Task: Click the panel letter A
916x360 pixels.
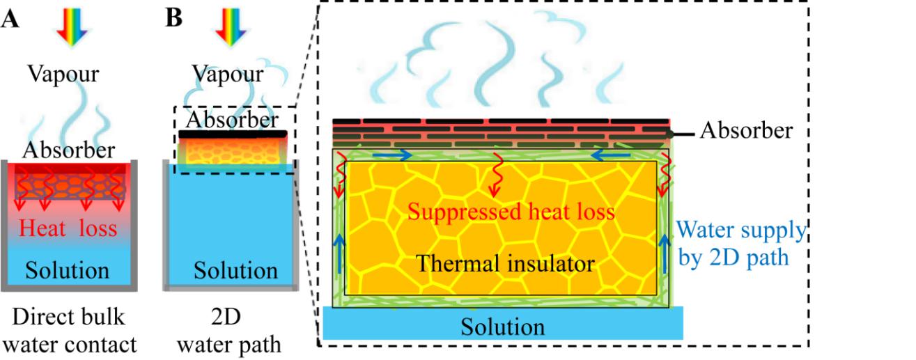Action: click(x=10, y=19)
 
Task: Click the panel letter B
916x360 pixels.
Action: click(x=173, y=18)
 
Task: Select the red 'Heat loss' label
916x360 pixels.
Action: click(x=68, y=228)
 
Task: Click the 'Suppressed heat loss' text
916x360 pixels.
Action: click(x=511, y=210)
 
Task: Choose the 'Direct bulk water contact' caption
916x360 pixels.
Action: click(x=68, y=330)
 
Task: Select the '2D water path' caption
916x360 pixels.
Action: click(x=231, y=330)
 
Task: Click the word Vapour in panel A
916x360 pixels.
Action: click(x=63, y=74)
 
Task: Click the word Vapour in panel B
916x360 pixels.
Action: click(x=228, y=74)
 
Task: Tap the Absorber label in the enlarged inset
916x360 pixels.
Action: click(x=746, y=130)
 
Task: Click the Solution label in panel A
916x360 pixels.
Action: click(x=67, y=270)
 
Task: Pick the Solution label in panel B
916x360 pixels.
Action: click(x=235, y=270)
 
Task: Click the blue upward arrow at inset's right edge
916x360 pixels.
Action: click(x=662, y=253)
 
